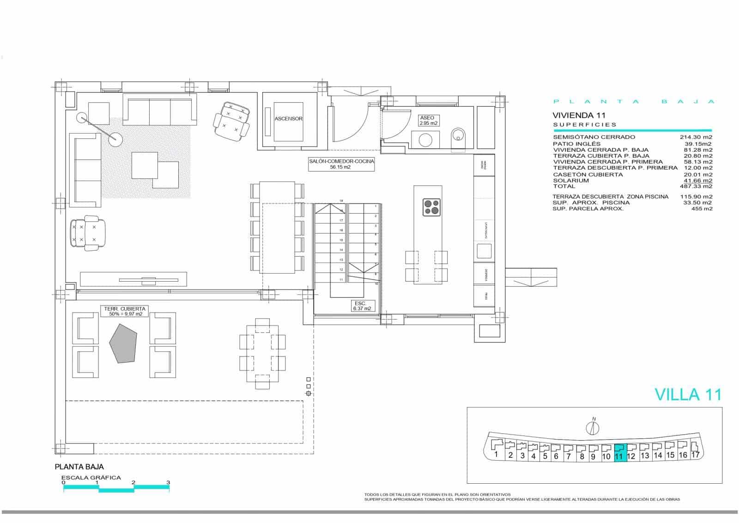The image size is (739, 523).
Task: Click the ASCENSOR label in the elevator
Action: (288, 119)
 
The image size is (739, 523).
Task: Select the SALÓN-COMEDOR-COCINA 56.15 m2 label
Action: (341, 164)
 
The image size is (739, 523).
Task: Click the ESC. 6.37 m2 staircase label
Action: (362, 306)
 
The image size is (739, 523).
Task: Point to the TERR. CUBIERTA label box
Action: (124, 311)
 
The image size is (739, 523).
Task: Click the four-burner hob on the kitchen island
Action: (432, 207)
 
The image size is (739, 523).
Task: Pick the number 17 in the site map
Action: (695, 455)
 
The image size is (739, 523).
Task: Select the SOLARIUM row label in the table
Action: (571, 181)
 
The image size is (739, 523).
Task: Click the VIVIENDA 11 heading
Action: (579, 115)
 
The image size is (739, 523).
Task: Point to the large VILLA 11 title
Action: (688, 394)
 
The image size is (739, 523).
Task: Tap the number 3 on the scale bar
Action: (168, 482)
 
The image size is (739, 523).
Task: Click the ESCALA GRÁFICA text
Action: (91, 478)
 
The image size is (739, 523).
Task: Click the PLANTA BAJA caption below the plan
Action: (79, 467)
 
